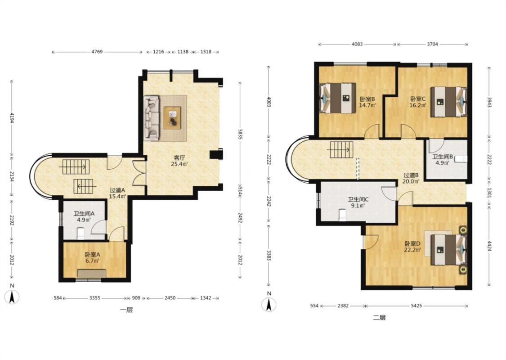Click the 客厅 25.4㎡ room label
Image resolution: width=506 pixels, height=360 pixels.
pos(179,161)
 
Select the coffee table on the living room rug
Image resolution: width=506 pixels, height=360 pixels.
pos(172,118)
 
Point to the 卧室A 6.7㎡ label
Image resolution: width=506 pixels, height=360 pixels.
pos(92,258)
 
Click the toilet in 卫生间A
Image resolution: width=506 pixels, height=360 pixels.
pos(81,234)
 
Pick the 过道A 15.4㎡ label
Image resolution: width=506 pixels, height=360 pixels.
pos(117,193)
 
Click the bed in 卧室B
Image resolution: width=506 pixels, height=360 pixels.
pos(337,98)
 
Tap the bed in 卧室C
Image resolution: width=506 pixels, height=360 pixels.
pos(449,102)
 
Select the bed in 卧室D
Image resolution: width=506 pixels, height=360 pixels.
pos(449,250)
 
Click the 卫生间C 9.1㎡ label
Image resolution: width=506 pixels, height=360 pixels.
pos(358,202)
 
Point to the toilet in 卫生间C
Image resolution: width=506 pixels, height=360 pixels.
pos(342,215)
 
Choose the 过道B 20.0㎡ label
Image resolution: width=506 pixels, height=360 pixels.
pos(411,178)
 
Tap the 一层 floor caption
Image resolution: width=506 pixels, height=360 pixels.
pos(126,310)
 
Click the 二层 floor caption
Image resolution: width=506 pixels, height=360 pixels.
pos(379,318)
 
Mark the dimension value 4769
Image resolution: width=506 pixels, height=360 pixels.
pos(97,52)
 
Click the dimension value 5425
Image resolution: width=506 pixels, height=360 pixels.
pos(416,306)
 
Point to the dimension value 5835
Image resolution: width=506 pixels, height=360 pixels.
pos(240,134)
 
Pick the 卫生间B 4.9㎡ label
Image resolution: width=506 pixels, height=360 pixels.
pos(443,159)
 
